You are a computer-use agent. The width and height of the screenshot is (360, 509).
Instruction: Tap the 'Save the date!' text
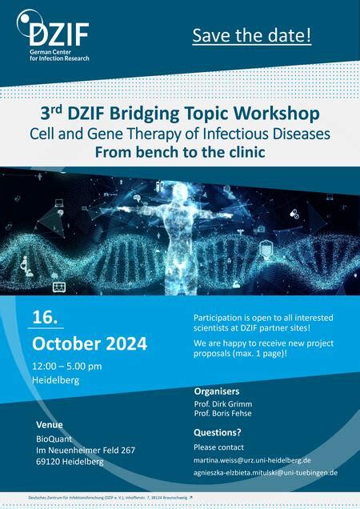point(250,36)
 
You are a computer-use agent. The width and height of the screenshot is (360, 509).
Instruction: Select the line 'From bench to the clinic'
point(180,150)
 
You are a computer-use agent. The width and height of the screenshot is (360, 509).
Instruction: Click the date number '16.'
point(45,317)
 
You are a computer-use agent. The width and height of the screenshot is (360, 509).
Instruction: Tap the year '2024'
point(121,344)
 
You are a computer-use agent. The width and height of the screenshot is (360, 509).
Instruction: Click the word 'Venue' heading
point(50,423)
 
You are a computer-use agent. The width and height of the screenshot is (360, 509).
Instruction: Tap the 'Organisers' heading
point(217,391)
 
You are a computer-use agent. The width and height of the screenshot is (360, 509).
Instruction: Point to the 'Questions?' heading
point(218,433)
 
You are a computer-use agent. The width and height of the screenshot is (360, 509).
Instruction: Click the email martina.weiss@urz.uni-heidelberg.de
point(252,460)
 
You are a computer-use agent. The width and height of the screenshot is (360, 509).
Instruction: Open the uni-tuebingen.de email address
point(266,473)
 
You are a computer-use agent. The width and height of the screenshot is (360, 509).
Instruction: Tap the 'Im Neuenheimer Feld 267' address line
point(86,450)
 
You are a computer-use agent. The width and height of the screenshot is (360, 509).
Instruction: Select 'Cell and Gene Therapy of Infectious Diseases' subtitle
point(180,130)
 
